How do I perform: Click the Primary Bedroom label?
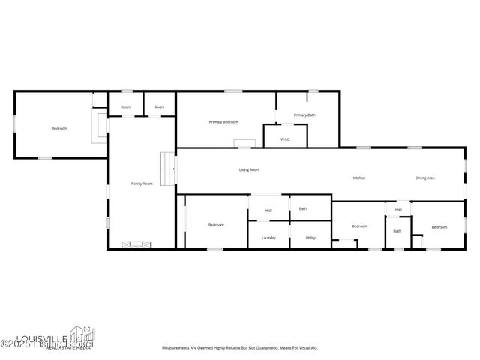(x=223, y=121)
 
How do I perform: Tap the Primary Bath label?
(x=304, y=115)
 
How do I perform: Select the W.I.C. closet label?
(x=285, y=139)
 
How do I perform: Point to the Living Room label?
(x=249, y=170)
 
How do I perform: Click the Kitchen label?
(x=359, y=178)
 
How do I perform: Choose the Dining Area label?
(x=425, y=178)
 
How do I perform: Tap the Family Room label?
(x=142, y=184)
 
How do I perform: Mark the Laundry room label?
(x=268, y=238)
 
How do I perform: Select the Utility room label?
(x=310, y=238)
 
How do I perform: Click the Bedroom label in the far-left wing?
(x=59, y=129)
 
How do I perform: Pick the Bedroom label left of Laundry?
(x=216, y=225)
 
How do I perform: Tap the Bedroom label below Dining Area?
(x=439, y=227)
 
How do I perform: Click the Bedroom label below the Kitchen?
(x=360, y=226)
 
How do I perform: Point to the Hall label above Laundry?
(x=268, y=211)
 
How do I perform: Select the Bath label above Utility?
(x=303, y=208)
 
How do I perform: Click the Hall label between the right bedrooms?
(x=398, y=209)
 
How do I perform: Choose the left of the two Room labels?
(x=125, y=107)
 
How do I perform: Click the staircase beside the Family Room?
(x=167, y=163)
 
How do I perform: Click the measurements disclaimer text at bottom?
(x=240, y=348)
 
